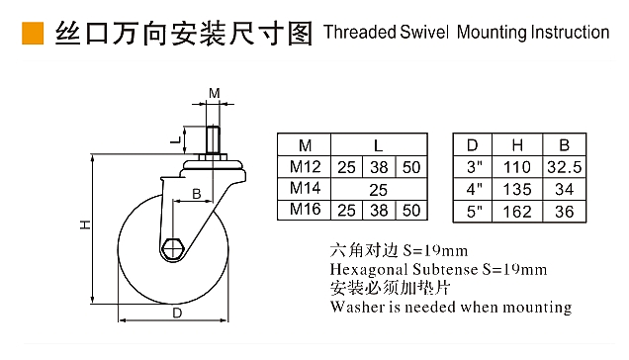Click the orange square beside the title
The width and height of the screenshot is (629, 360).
[x=33, y=33]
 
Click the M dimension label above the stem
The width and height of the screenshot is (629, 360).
[x=215, y=93]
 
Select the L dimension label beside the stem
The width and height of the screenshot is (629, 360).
[x=176, y=140]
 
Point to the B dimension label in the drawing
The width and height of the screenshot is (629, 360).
[x=196, y=194]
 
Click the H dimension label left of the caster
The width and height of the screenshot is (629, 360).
[x=85, y=225]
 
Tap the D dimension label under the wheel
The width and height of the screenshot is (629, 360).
[x=177, y=314]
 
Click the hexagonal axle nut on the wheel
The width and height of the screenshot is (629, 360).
[x=173, y=249]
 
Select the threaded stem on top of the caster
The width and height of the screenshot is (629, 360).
[x=213, y=139]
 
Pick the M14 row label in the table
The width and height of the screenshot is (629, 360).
[x=305, y=188]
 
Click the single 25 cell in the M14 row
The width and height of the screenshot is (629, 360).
[x=378, y=190]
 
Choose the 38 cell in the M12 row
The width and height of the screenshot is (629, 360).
[x=379, y=167]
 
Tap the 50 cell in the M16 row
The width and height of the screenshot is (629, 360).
[x=411, y=211]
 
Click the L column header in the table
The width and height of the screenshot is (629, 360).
[x=378, y=145]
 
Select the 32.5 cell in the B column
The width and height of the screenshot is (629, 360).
[x=564, y=167]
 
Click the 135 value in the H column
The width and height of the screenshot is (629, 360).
[x=517, y=189]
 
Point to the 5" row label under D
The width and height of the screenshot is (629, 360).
[x=474, y=211]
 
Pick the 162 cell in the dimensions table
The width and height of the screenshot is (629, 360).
[x=517, y=211]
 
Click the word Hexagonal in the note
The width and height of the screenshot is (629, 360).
[x=369, y=269]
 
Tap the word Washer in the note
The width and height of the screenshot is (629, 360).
[x=357, y=307]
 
